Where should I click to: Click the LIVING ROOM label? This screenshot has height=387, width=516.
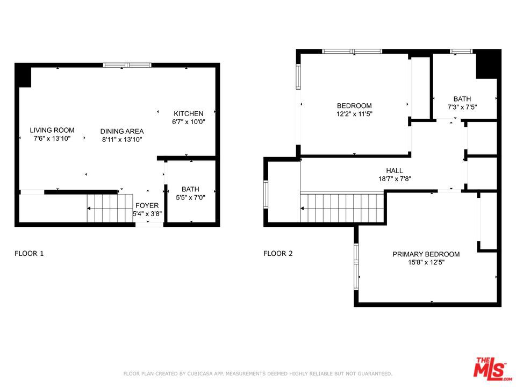52,130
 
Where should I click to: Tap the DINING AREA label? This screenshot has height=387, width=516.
122,131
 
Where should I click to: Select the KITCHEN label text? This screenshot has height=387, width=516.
189,113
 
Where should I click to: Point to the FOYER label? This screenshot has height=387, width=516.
147,206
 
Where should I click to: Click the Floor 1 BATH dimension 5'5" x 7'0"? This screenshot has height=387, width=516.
190,197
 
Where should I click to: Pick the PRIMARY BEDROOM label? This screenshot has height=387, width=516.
426,254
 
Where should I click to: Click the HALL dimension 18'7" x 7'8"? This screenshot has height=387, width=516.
395,178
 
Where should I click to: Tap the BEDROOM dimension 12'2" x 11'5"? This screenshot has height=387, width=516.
354,114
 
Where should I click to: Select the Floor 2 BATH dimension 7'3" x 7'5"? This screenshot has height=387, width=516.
462,107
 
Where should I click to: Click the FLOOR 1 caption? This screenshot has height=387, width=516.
29,253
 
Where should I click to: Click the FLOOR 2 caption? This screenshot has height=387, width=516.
278,253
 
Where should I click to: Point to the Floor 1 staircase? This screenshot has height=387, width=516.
110,209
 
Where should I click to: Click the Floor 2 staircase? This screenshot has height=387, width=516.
342,208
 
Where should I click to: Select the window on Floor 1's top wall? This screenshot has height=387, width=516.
127,65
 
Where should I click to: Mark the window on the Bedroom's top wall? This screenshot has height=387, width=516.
352,52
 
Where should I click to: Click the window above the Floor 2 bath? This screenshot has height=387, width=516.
461,52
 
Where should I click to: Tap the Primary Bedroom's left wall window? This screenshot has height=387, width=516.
356,267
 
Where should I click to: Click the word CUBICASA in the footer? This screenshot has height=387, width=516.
202,374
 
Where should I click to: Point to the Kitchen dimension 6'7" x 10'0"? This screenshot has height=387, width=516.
189,122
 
